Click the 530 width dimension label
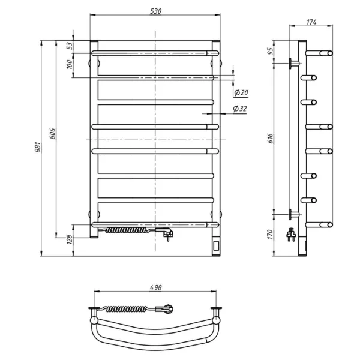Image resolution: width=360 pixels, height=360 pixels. (156, 11)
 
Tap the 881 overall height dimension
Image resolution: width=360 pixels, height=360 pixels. (38, 147)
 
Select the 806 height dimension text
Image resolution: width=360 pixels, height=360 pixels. (53, 134)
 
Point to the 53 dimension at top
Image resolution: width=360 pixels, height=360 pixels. (70, 46)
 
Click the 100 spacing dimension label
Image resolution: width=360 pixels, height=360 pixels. (70, 65)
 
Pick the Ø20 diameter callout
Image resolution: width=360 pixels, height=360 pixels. (241, 92)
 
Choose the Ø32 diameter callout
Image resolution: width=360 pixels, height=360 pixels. (240, 109)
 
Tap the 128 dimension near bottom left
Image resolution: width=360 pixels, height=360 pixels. (70, 239)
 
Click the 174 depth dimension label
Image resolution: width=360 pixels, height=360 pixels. (311, 22)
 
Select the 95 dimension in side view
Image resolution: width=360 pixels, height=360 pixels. (271, 51)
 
